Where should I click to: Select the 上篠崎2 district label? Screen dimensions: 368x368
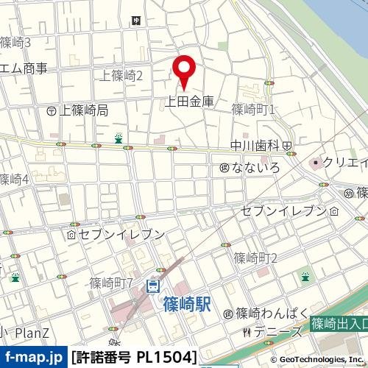[121, 75]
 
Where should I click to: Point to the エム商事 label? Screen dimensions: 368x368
[24, 68]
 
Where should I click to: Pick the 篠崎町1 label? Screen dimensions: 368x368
[252, 110]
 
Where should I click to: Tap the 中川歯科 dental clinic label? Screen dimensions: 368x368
[255, 145]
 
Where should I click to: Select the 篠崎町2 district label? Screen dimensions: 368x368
[255, 258]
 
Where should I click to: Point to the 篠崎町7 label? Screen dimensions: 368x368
[111, 283]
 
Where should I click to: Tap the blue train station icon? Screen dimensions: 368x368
[153, 285]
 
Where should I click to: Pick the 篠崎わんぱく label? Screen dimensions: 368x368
[269, 314]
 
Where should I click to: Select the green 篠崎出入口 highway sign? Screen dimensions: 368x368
[339, 323]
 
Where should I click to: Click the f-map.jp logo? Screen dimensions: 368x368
[33, 358]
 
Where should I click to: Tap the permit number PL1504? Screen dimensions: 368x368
[135, 358]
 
